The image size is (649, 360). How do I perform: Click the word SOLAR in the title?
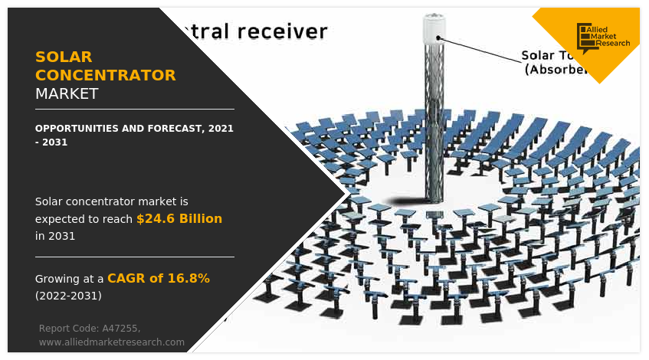click(x=64, y=57)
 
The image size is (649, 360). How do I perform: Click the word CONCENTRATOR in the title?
click(x=106, y=75)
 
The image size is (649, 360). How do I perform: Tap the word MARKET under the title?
click(x=67, y=93)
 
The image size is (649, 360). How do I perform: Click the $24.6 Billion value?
click(x=179, y=219)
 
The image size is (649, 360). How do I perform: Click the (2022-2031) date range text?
click(x=68, y=295)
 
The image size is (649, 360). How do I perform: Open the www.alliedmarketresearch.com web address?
click(x=112, y=342)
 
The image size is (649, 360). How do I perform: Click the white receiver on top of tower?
click(x=434, y=28)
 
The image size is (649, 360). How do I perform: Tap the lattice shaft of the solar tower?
click(x=434, y=123)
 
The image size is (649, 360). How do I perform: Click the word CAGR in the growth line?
click(x=124, y=278)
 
